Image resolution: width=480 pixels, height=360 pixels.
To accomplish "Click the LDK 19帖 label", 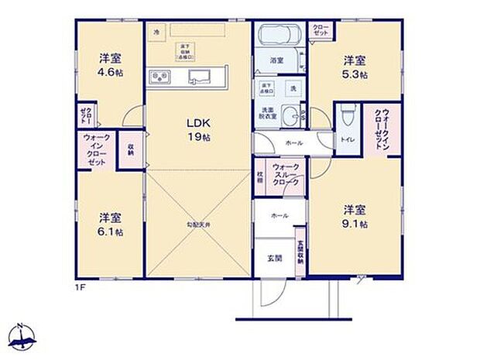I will (x=197, y=129).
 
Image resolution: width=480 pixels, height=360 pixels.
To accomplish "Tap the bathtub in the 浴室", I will (x=276, y=36).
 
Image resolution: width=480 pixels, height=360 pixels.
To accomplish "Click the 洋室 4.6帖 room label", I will (x=109, y=65).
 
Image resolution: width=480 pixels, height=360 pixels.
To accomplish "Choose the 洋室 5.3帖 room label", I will (x=355, y=67).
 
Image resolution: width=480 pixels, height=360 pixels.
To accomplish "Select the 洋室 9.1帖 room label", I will (x=355, y=216).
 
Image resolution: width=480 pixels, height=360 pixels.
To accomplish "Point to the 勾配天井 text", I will (x=198, y=225).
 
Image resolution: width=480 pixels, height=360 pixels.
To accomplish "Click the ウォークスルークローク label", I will (x=283, y=175).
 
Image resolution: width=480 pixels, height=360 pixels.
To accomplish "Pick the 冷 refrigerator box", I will (x=156, y=33).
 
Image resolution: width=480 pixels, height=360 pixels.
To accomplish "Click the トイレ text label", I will (x=346, y=139).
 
